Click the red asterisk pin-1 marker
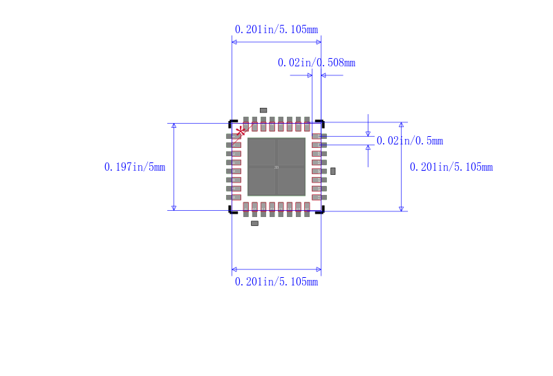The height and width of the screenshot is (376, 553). pos(240,131)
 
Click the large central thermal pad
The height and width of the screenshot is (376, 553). pos(276,167)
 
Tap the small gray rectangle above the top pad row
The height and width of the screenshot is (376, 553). pos(263,110)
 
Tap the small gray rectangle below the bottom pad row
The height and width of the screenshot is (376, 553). pos(254,223)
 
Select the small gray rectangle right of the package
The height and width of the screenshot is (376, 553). pos(332,171)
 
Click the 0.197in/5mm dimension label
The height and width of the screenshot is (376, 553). pos(135,167)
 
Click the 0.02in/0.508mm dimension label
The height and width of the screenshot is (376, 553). pos(317,63)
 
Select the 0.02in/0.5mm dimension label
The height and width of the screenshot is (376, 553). pos(409,141)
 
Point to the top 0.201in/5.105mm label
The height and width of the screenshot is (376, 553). pos(276,30)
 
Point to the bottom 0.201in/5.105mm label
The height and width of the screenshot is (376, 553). pos(276,282)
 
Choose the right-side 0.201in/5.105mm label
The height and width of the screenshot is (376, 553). pos(451,167)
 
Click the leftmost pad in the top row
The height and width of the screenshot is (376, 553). pos(246,124)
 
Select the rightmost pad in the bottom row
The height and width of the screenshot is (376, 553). pos(307,209)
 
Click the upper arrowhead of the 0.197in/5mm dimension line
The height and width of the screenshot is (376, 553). pos(174,126)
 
